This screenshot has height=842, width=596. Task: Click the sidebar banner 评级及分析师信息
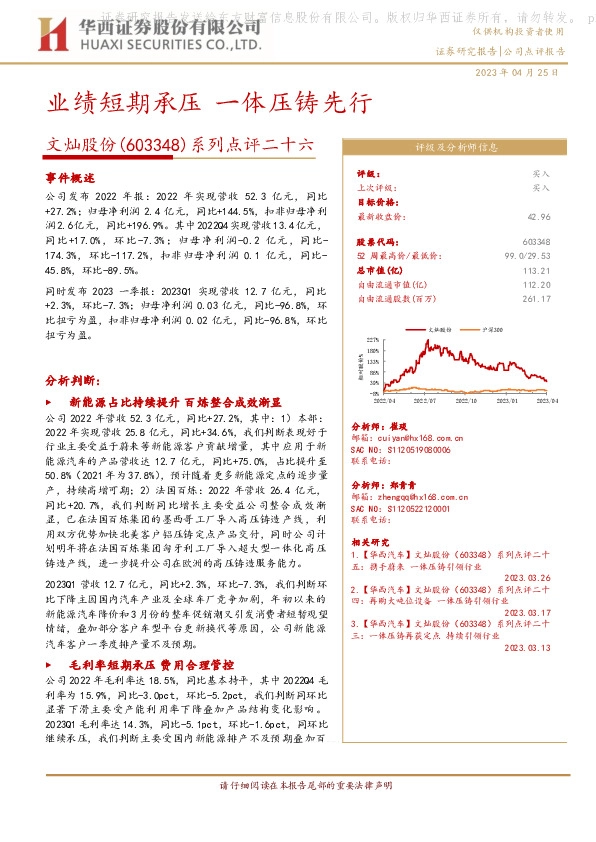[456, 146]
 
